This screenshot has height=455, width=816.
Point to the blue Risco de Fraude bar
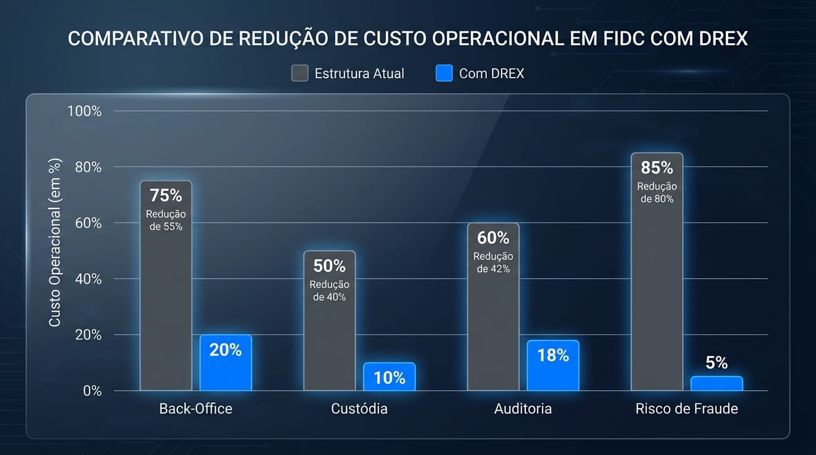pos(716,383)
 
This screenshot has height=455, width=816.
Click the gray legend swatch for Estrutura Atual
pos(299,73)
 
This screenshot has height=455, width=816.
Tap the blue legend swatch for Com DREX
pos(444,73)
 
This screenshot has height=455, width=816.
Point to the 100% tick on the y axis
pos(85,111)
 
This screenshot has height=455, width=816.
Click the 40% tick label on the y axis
pos(88,279)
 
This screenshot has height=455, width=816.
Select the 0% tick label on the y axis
pos(92,391)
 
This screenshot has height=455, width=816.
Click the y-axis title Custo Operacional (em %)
pos(55,242)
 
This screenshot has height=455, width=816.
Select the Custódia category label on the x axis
pos(359,409)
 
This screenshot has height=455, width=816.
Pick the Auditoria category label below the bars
pos(522,409)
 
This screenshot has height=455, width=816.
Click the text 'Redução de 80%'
pos(657,193)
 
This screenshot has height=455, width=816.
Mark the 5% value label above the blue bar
pos(716,363)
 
